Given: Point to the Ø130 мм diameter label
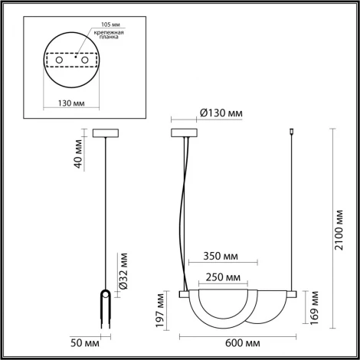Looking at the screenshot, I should point(221,113).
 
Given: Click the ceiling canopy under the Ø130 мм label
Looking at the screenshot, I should point(184,133).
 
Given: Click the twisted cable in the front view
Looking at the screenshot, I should point(184,214).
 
